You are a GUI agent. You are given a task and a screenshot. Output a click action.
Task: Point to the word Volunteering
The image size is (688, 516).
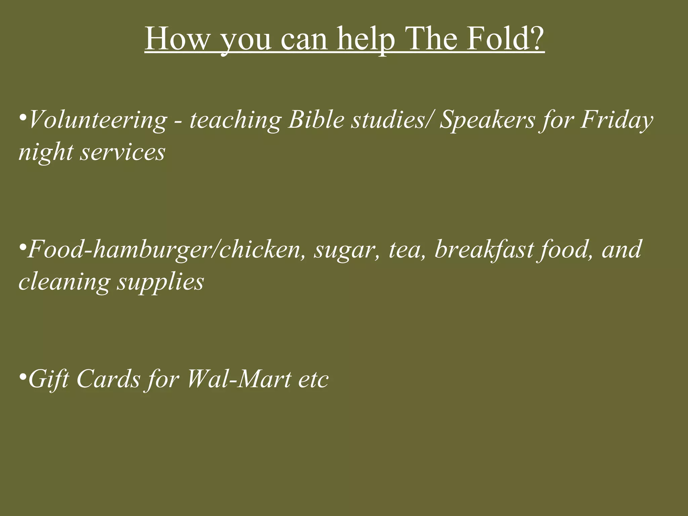97,120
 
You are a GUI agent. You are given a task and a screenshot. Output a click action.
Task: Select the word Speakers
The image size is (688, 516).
487,120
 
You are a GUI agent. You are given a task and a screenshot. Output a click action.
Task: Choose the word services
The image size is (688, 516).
123,152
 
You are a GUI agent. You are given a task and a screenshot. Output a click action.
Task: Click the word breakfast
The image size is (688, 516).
484,250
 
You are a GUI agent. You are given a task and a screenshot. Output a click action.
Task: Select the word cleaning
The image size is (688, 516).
64,282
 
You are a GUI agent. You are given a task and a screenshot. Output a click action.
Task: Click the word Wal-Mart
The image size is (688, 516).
239,379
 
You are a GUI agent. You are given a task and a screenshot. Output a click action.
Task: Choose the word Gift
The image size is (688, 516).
49,379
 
